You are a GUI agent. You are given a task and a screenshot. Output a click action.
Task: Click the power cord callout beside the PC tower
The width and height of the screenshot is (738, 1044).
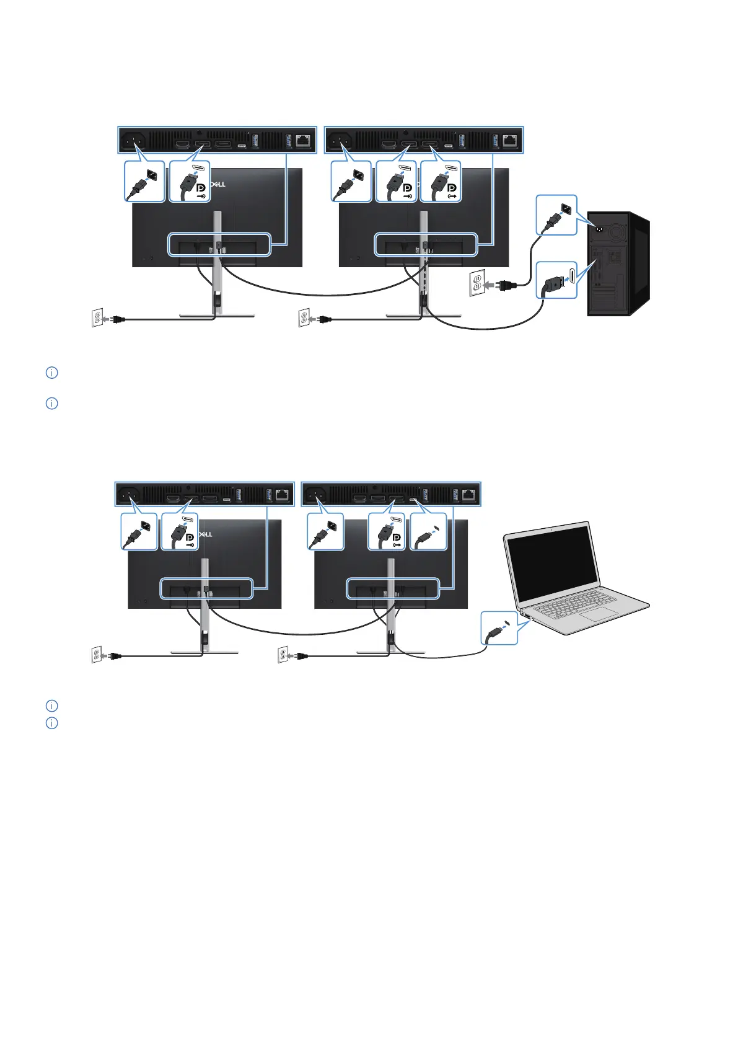point(556,215)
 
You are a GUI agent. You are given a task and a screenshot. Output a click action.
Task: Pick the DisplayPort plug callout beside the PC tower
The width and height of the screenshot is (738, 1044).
point(556,280)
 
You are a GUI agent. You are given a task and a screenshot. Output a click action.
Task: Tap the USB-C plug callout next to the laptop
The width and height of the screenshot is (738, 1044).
point(499,627)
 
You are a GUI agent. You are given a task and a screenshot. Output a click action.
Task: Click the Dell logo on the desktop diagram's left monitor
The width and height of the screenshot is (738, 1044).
point(217,184)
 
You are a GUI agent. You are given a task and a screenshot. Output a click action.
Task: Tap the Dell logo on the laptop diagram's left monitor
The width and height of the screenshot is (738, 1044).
point(204,534)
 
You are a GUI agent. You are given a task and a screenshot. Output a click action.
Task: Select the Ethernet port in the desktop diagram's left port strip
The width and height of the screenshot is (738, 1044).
point(302,140)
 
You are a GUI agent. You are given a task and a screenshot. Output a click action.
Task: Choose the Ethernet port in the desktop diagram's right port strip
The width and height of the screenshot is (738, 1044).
point(509,140)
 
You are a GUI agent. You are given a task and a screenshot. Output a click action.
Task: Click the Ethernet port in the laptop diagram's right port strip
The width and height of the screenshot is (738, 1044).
point(468,495)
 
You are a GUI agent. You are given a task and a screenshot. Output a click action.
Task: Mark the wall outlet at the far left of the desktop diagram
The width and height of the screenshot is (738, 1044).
point(97,319)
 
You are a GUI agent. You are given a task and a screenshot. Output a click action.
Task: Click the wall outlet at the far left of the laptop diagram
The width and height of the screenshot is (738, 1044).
point(97,655)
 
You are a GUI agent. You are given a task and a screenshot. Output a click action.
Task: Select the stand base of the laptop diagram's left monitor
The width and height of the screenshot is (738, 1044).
point(204,653)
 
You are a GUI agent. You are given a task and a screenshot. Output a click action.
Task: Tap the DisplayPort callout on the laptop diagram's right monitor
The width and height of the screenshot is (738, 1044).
point(387,531)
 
